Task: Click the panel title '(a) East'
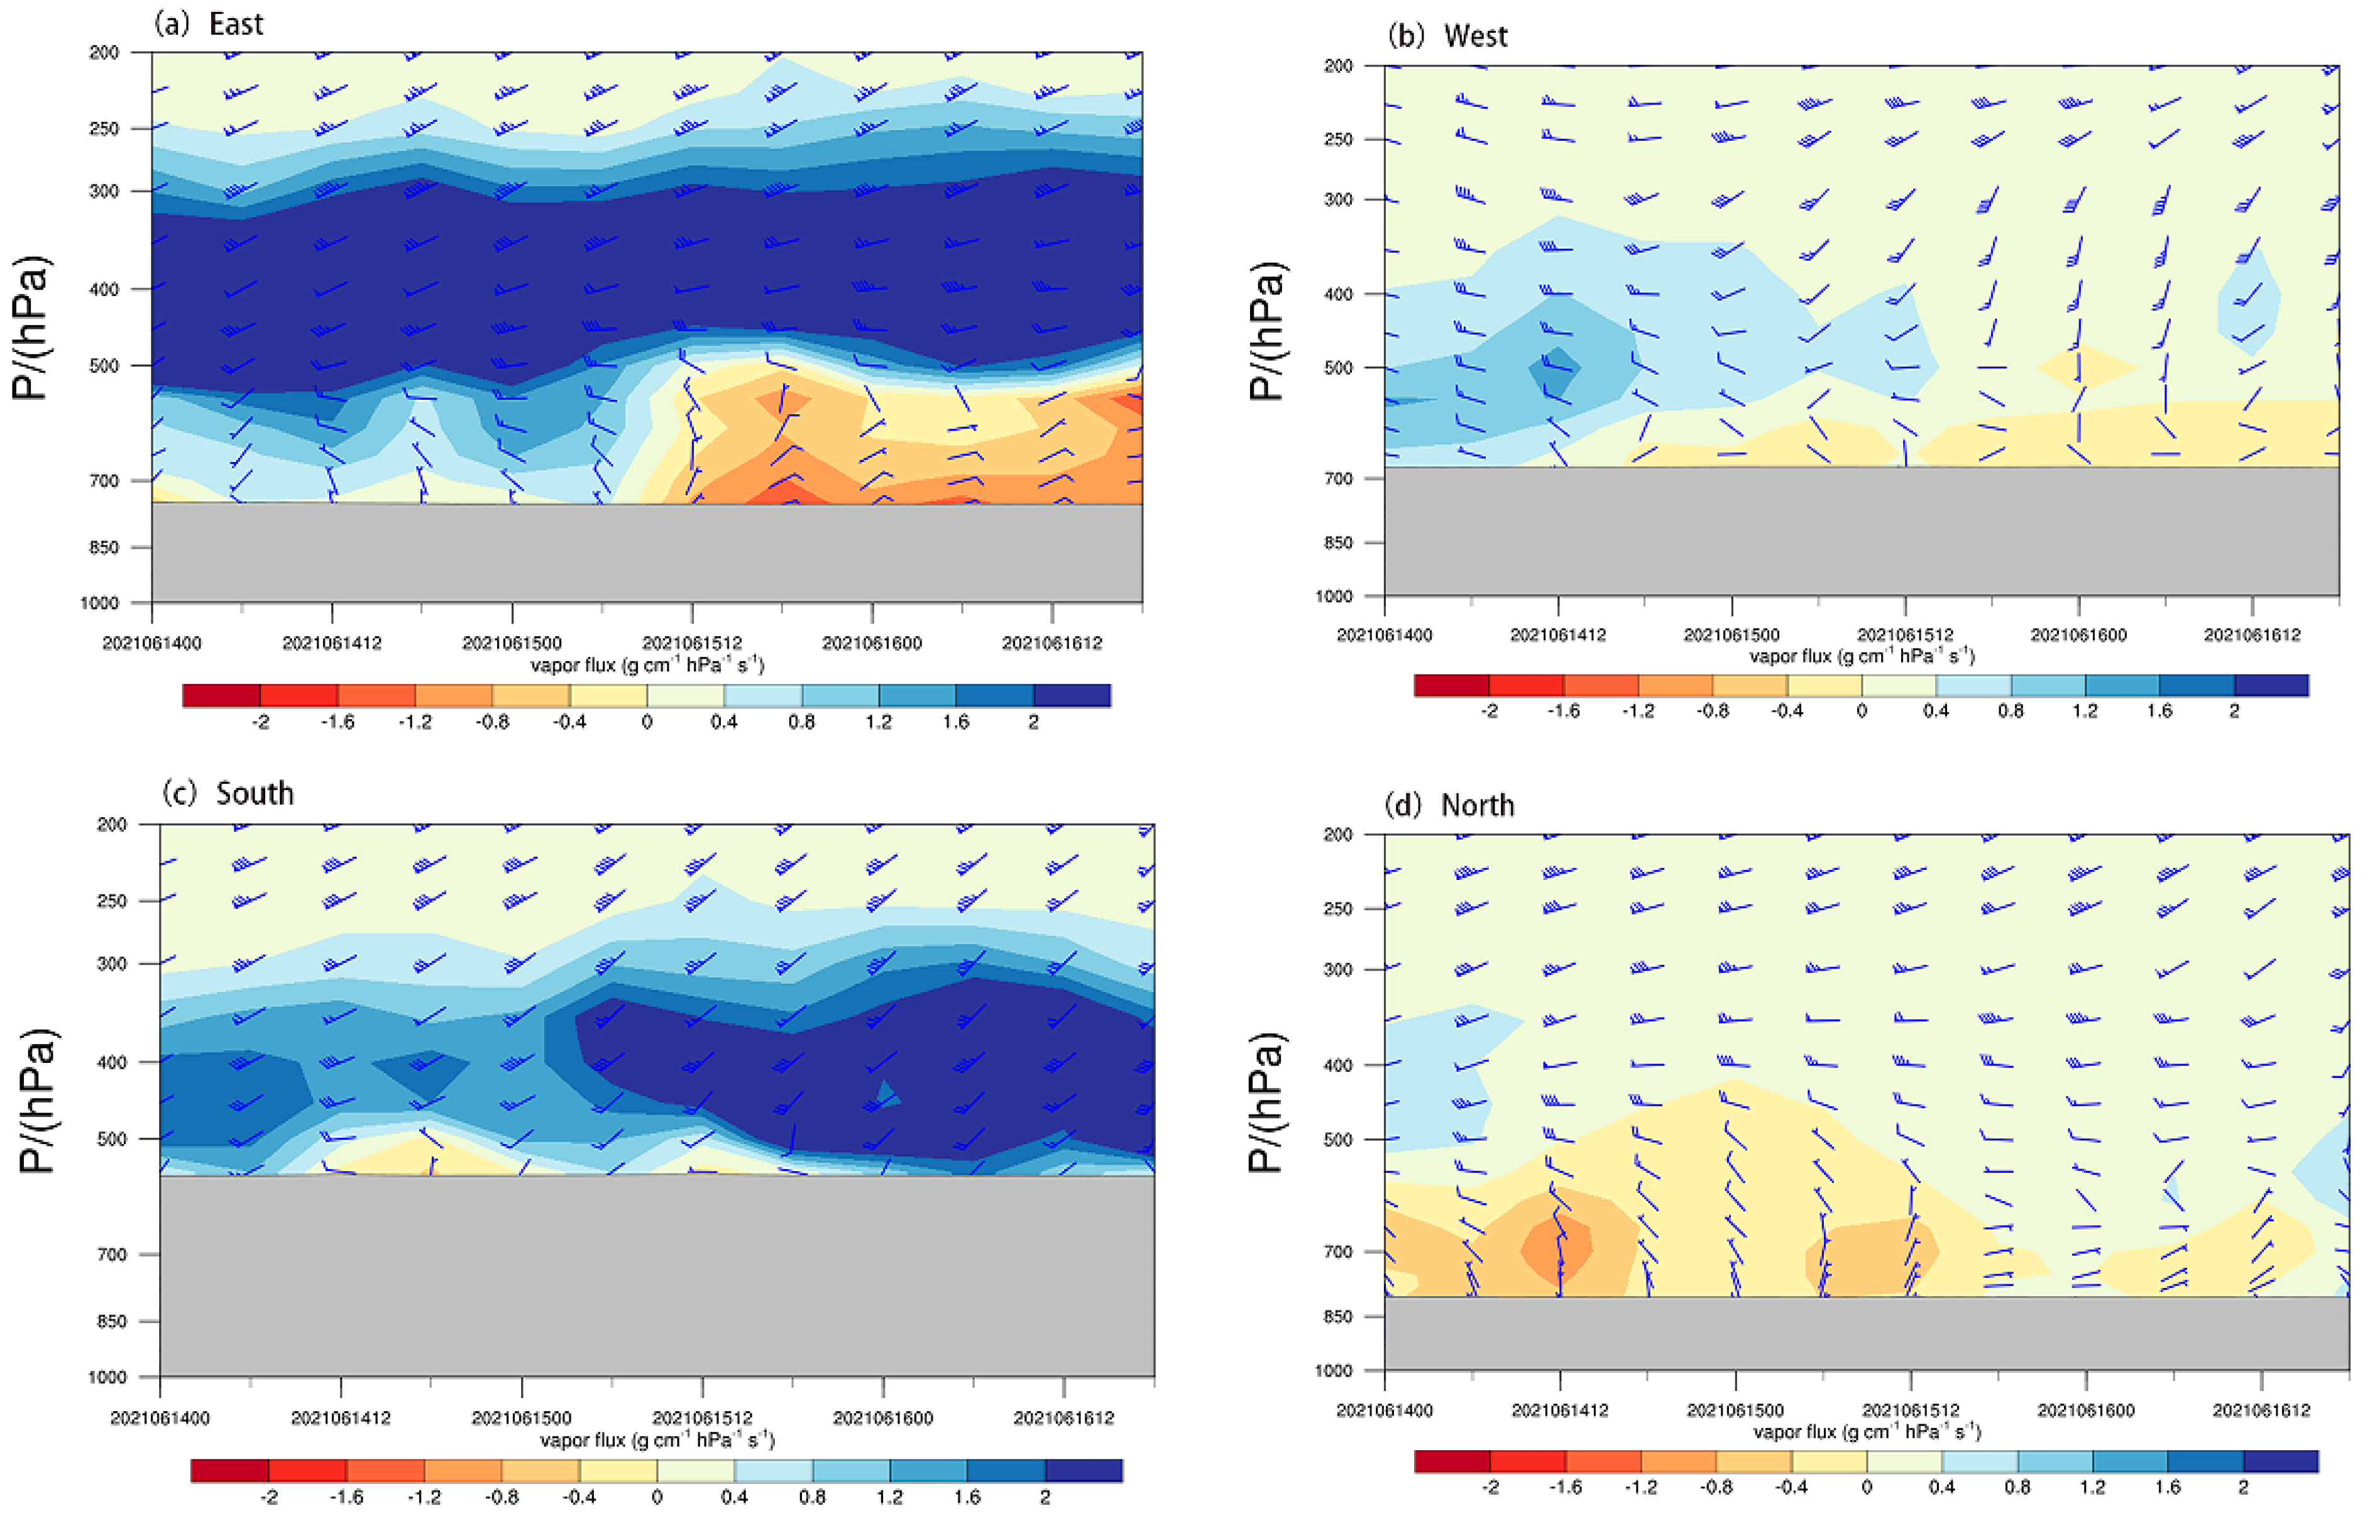tap(209, 24)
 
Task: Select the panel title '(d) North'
tap(1449, 805)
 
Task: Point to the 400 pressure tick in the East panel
tap(104, 289)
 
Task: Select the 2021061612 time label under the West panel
tap(2252, 635)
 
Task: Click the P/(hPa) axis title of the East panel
tap(31, 328)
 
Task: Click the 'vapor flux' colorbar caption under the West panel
tap(1862, 656)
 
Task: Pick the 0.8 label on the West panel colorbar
tap(2011, 712)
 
